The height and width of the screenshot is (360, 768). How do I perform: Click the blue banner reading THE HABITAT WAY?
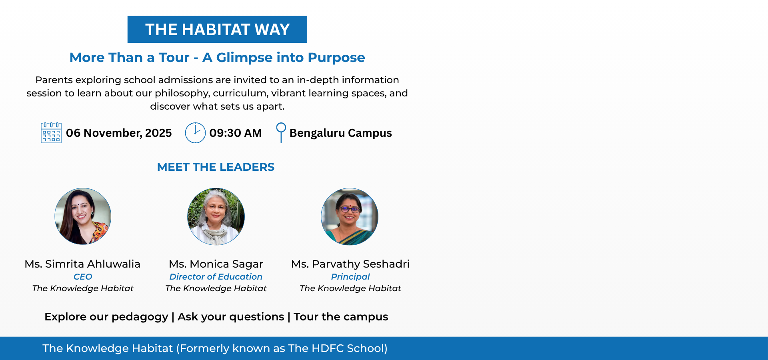pos(217,29)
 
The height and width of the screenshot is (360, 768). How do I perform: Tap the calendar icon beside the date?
pos(51,133)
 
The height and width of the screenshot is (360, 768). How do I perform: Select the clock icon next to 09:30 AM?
pos(195,133)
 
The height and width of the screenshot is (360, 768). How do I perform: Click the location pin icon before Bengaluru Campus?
pos(281,133)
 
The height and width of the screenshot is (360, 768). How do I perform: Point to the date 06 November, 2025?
pos(119,133)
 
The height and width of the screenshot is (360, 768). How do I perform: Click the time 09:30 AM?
pos(236,133)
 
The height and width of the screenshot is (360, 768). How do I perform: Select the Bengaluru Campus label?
pos(341,133)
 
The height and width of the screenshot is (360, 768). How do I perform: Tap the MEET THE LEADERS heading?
pos(216,167)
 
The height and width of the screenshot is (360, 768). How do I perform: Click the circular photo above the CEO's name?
pos(83,216)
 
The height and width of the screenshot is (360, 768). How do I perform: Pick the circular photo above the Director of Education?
pos(216,216)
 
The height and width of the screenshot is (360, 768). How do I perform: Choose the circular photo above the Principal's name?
pos(350,216)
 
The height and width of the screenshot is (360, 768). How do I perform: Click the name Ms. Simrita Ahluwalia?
pos(82,264)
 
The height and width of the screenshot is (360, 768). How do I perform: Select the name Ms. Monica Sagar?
pos(216,264)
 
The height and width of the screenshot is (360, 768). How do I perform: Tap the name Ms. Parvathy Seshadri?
pos(350,264)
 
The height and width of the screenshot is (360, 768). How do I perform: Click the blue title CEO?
pos(83,277)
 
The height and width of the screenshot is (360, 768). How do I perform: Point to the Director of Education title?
pos(216,277)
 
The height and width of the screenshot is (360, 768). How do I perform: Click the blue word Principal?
pos(350,277)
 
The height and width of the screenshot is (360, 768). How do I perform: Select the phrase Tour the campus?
pos(341,317)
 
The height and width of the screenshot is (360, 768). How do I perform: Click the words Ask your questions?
pos(231,317)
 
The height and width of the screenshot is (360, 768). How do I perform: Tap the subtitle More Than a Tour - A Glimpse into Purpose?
pos(217,58)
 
